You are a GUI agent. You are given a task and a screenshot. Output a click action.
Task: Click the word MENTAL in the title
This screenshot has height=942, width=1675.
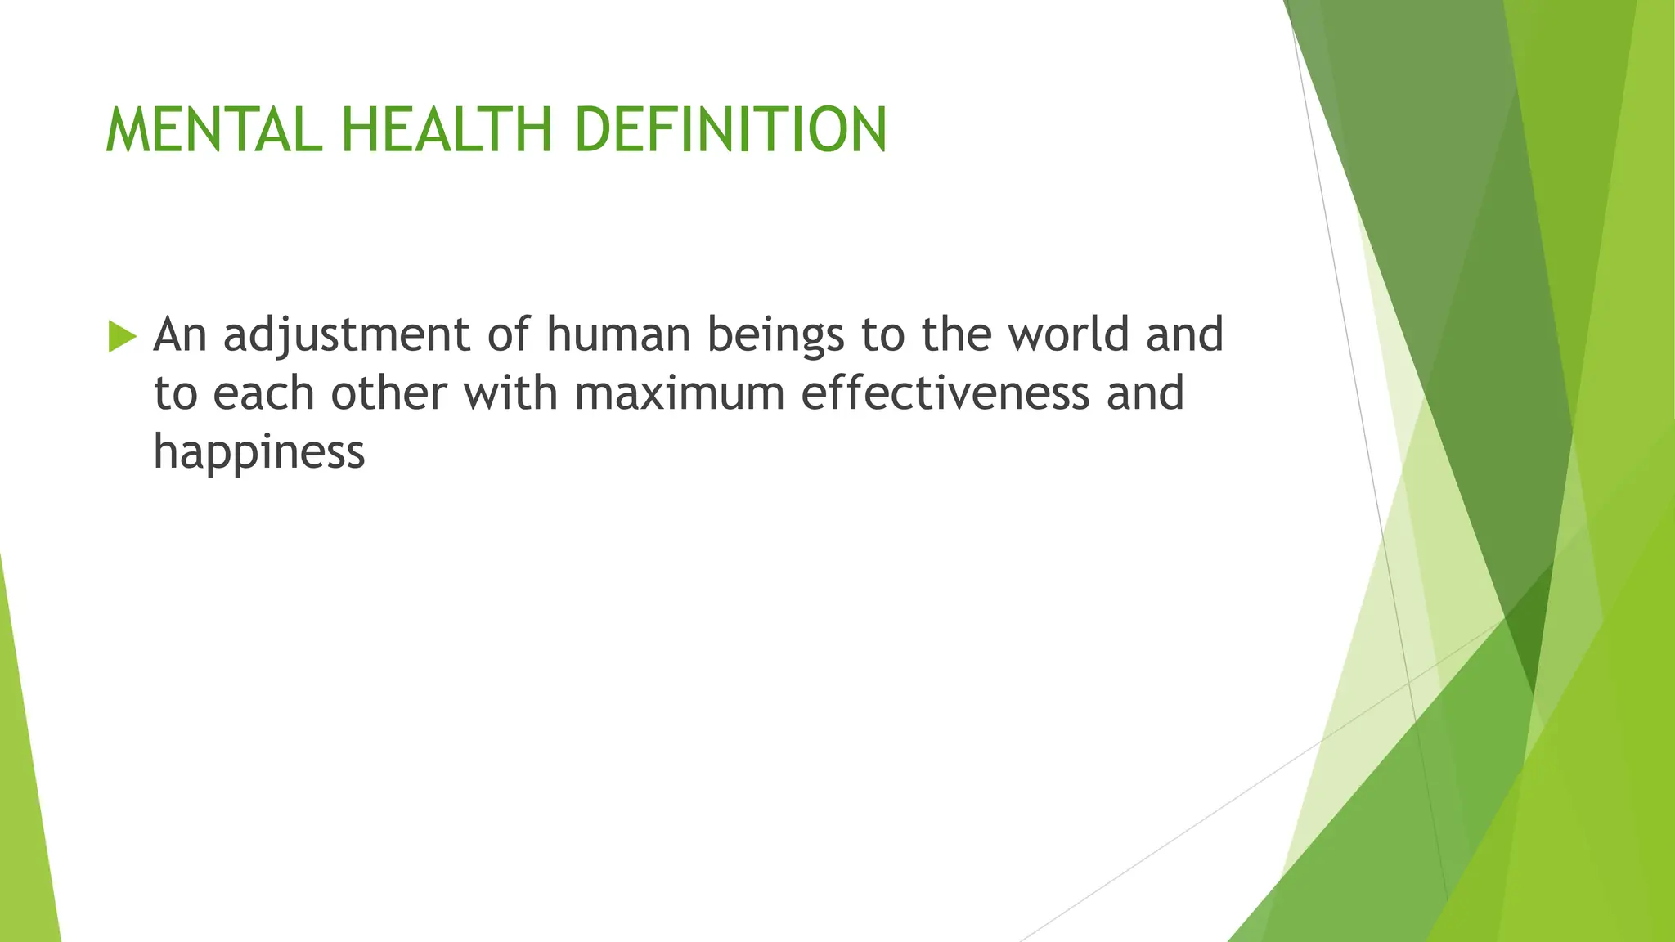[x=214, y=130]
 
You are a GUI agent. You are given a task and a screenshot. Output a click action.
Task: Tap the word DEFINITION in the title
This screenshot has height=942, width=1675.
[x=730, y=130]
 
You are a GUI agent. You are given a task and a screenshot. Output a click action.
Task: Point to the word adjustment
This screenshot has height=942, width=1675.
[x=347, y=336]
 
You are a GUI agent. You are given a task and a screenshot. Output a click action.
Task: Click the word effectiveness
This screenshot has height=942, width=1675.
[x=945, y=393]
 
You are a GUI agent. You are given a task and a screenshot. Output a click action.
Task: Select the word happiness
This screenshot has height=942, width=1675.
[x=259, y=453]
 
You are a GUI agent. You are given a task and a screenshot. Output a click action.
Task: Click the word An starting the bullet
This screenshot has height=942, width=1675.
[x=180, y=334]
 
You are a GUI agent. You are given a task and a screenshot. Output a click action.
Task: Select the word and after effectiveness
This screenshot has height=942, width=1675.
[x=1145, y=393]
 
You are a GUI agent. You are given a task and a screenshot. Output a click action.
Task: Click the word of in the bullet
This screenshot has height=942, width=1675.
[x=508, y=334]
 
